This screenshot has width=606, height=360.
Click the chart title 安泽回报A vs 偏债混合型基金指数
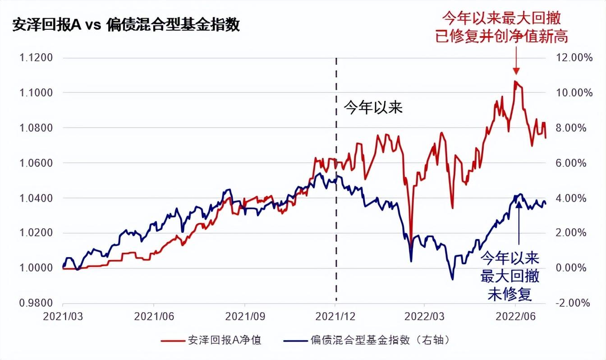pyautogui.click(x=126, y=25)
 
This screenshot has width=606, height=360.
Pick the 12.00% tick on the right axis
pyautogui.click(x=570, y=58)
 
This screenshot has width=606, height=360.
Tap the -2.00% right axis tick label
pyautogui.click(x=572, y=303)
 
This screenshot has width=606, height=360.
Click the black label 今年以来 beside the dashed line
pyautogui.click(x=373, y=108)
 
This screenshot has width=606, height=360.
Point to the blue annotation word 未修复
pyautogui.click(x=510, y=294)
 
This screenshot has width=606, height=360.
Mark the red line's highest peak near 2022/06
pyautogui.click(x=515, y=81)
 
